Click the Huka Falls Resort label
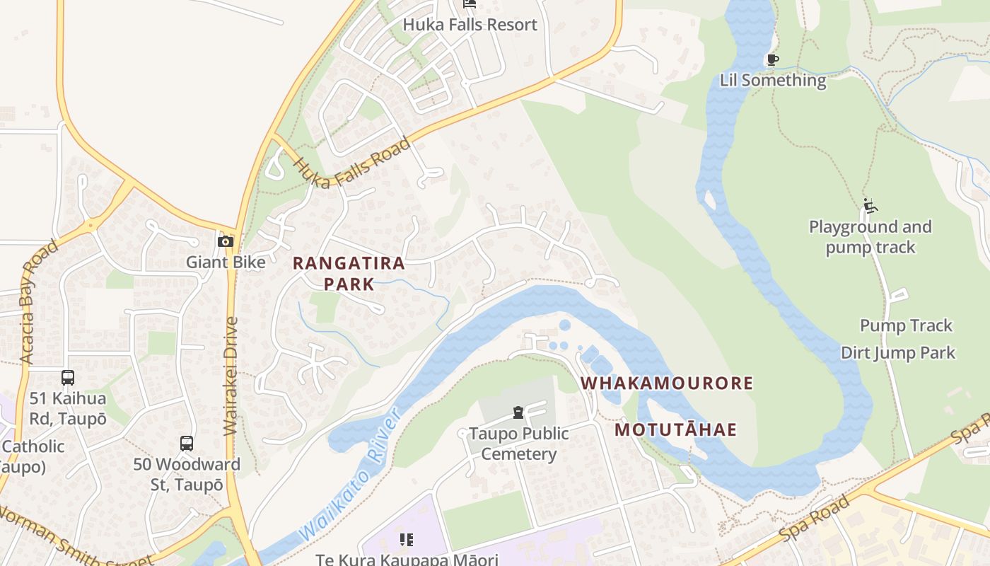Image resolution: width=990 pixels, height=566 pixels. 470,25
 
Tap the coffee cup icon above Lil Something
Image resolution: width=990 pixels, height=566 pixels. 772,60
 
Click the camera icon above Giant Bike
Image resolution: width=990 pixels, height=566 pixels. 226,242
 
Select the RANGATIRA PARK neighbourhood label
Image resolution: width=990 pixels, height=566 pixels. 349,273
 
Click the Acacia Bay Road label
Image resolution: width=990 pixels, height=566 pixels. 38,302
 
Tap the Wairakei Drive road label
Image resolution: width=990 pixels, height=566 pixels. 231,375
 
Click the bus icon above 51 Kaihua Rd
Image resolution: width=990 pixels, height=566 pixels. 68,378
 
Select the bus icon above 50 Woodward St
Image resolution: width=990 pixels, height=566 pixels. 186,444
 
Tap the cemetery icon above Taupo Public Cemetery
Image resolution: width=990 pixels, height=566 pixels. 518,412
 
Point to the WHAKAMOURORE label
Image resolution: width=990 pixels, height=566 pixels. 666,383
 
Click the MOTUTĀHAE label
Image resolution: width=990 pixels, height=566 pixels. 675,429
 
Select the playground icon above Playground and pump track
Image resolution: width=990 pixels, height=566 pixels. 870,206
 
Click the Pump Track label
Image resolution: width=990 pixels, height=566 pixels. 906,325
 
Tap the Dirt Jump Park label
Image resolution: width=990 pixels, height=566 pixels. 897,352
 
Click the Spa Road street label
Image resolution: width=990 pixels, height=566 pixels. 813,521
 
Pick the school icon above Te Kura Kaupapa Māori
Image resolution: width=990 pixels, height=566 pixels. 407,541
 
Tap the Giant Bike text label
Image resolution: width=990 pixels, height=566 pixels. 226,262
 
